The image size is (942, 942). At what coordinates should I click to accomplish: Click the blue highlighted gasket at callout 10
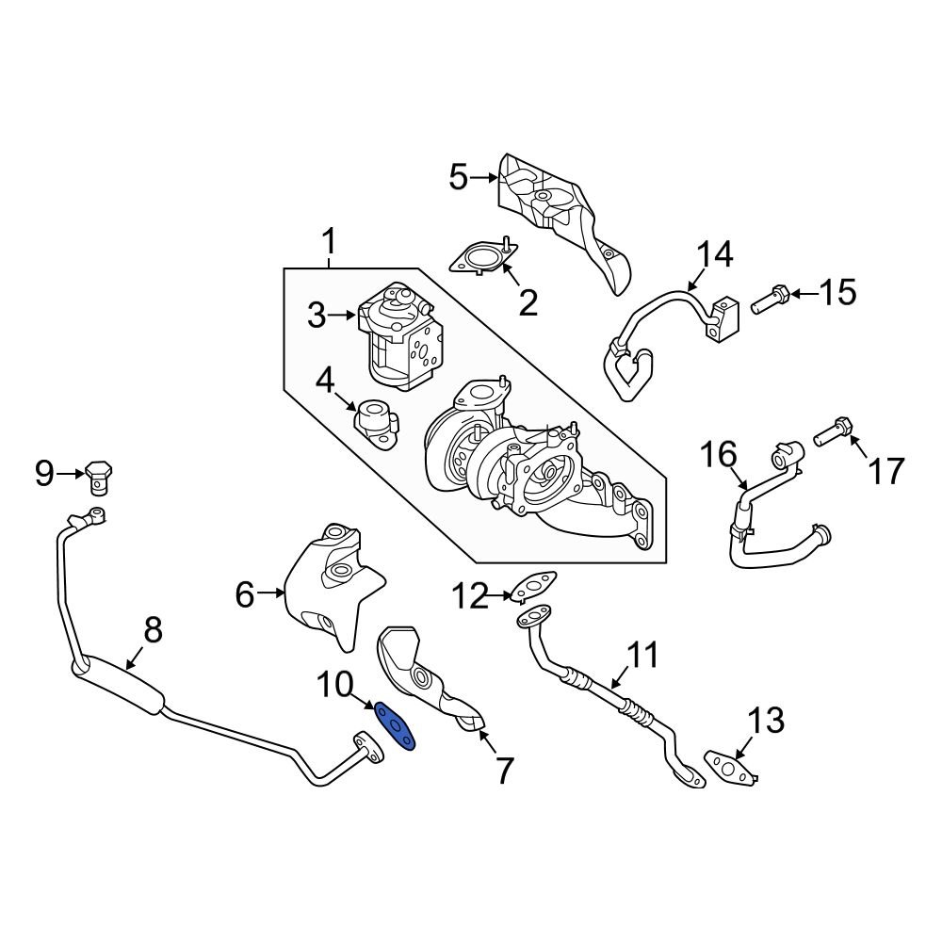pyautogui.click(x=396, y=727)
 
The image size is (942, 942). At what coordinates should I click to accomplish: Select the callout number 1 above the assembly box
pyautogui.click(x=329, y=243)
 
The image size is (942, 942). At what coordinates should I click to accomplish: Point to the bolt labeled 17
pyautogui.click(x=830, y=433)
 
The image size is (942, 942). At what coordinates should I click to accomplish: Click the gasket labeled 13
pyautogui.click(x=730, y=765)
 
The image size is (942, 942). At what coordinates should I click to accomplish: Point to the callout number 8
pyautogui.click(x=152, y=631)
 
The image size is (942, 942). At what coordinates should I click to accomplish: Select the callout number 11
pyautogui.click(x=646, y=655)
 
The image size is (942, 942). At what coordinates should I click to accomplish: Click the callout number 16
pyautogui.click(x=717, y=455)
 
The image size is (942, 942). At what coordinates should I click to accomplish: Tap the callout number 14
pyautogui.click(x=713, y=254)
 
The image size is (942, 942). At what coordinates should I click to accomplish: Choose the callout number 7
pyautogui.click(x=504, y=771)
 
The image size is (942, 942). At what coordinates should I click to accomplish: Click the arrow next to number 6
pyautogui.click(x=273, y=593)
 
